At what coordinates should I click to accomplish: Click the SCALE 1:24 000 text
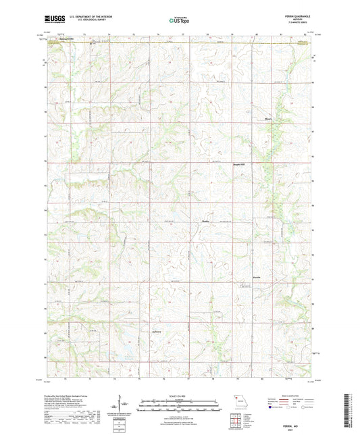pos(180,396)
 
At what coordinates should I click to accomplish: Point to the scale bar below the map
pos(180,407)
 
